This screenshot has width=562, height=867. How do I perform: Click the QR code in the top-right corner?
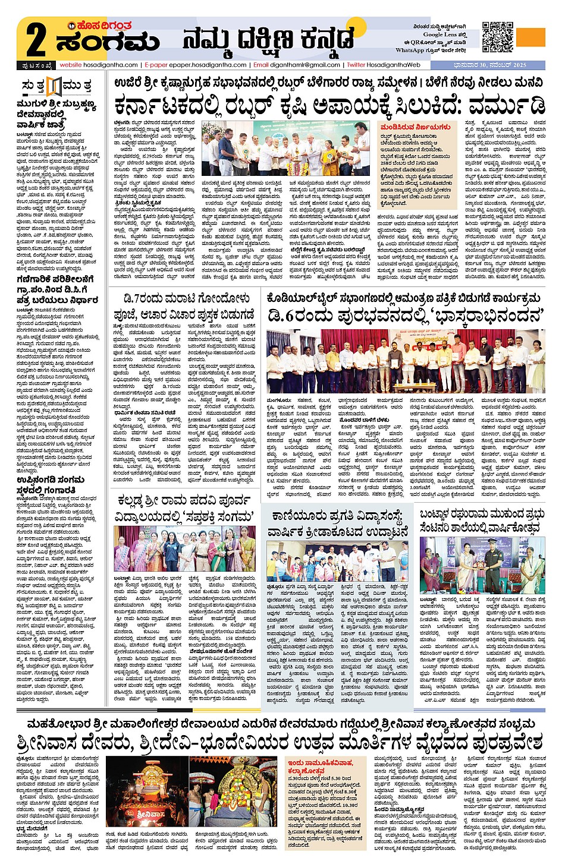click(497, 37)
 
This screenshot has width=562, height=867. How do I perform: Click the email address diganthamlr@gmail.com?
click(304, 65)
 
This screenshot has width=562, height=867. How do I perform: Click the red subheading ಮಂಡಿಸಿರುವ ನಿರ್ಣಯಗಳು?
click(415, 127)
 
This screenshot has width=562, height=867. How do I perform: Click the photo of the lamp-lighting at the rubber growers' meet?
click(287, 148)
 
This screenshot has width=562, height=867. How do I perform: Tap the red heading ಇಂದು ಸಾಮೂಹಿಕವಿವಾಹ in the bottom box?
click(321, 766)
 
